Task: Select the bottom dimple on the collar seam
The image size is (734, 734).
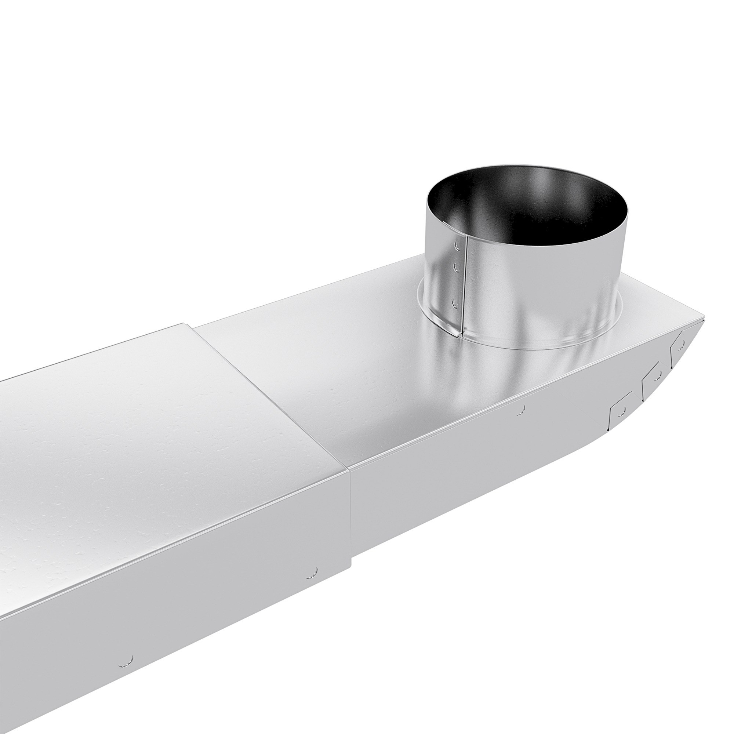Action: click(x=455, y=303)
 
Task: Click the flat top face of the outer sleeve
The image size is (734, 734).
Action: click(x=160, y=437)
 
